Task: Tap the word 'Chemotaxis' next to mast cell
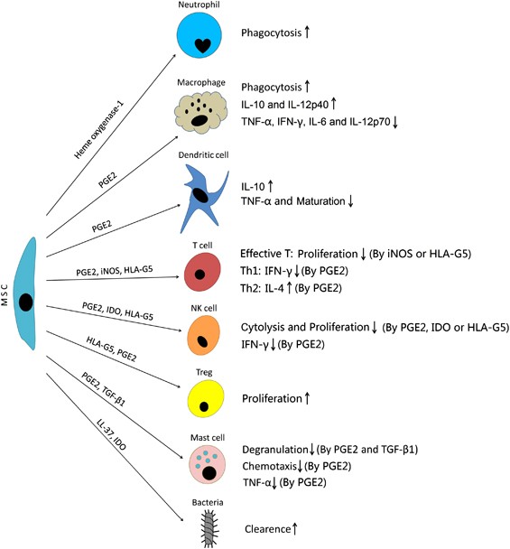click(x=275, y=466)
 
